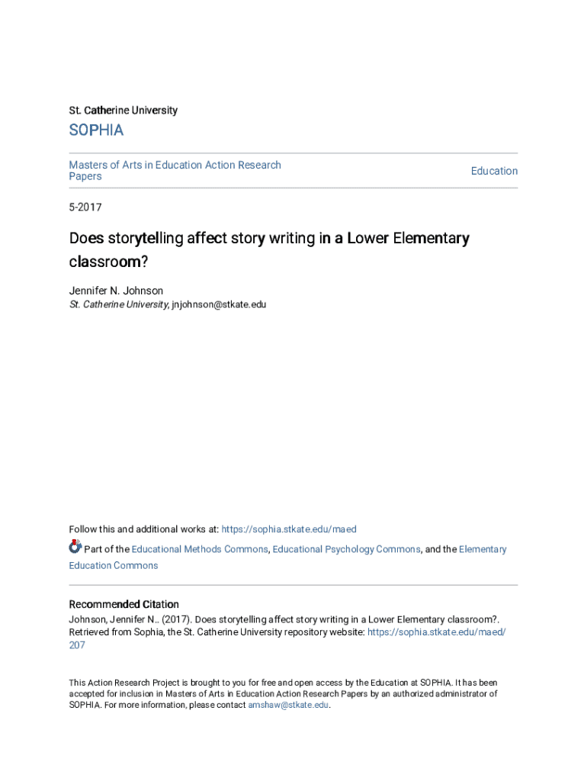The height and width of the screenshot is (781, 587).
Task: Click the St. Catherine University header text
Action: click(123, 111)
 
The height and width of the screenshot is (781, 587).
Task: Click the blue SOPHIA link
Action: click(96, 130)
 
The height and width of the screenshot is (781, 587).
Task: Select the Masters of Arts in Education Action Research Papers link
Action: click(175, 170)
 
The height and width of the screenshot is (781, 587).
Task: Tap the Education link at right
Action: click(494, 171)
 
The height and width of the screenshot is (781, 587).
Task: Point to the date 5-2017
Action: click(85, 207)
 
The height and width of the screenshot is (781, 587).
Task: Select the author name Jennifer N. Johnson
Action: click(116, 291)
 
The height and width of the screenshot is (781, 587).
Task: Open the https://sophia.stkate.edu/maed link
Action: click(289, 529)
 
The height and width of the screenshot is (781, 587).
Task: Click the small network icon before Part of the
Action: click(75, 546)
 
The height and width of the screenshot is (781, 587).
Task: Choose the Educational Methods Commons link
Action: click(200, 549)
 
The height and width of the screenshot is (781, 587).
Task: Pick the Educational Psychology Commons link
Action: click(346, 549)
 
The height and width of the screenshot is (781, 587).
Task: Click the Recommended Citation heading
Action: click(124, 604)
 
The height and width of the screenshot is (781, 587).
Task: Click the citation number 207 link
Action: click(77, 645)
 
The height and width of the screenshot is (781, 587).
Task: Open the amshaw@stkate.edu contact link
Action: click(288, 705)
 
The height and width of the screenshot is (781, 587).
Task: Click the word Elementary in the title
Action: click(431, 239)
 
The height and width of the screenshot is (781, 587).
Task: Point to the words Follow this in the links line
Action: click(90, 529)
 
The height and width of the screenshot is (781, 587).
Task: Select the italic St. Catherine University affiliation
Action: click(118, 304)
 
